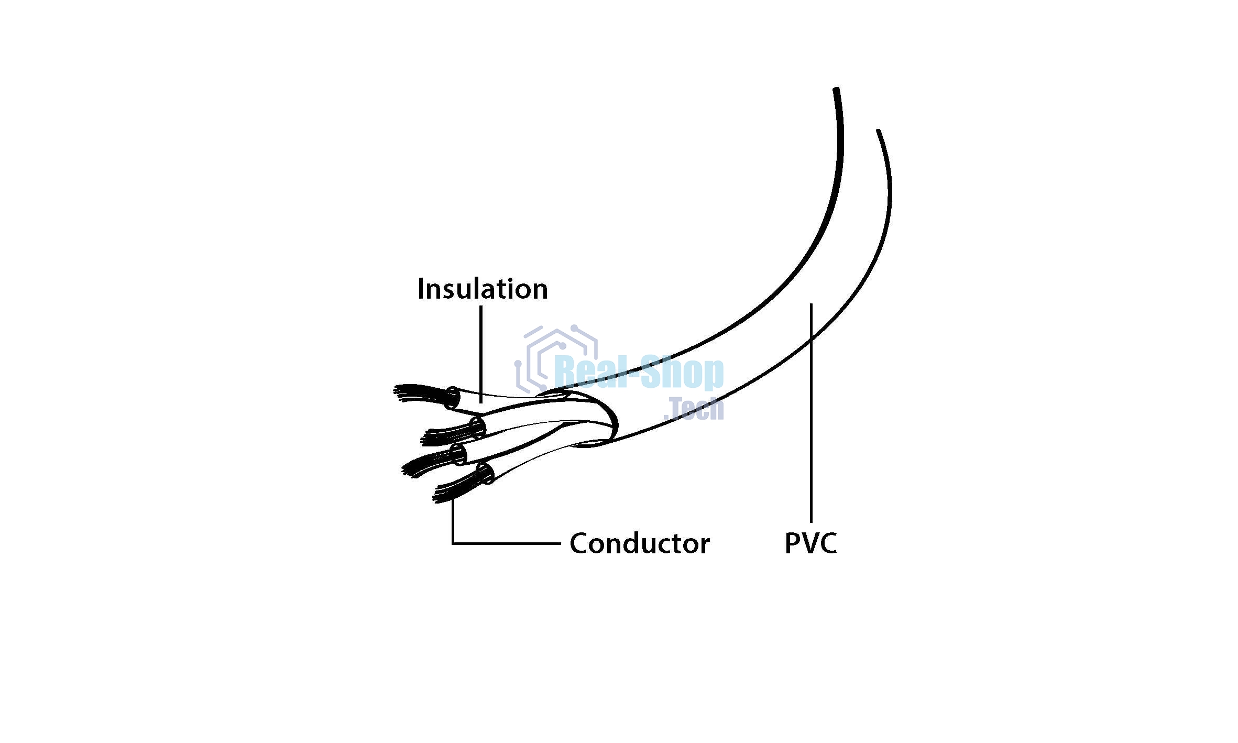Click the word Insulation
(x=483, y=289)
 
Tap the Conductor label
(x=639, y=543)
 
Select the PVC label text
(x=810, y=543)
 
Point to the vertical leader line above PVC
(x=811, y=414)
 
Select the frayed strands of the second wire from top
(x=445, y=435)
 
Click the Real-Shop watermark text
(x=639, y=373)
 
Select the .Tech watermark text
(x=694, y=409)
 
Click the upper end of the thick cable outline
(x=836, y=92)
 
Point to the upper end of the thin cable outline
(x=879, y=132)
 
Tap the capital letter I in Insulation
(x=421, y=289)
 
